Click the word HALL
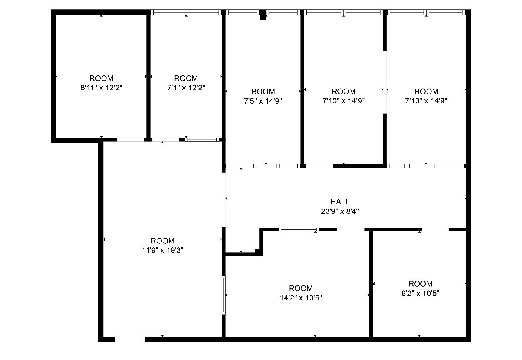pos(340,202)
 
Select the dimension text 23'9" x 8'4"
pos(340,211)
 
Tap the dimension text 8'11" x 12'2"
pos(101,87)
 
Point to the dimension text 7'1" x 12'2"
pos(186,87)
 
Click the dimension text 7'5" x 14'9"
pos(263,101)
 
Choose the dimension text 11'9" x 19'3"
pos(163,250)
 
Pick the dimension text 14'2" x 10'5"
pos(301,298)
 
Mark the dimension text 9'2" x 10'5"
pos(420,293)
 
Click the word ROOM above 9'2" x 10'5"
pos(420,284)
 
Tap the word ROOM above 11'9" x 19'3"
pos(163,241)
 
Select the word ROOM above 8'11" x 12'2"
pos(101,78)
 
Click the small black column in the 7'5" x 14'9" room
pos(263,15)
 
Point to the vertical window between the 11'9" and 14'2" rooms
pos(224,295)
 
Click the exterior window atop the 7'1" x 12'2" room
pos(186,12)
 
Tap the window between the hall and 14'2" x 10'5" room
pos(299,230)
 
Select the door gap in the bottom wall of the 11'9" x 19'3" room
pos(130,339)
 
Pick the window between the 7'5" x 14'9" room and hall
pos(276,166)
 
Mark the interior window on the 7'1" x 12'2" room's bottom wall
pos(202,140)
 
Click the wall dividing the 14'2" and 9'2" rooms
pos(371,283)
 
